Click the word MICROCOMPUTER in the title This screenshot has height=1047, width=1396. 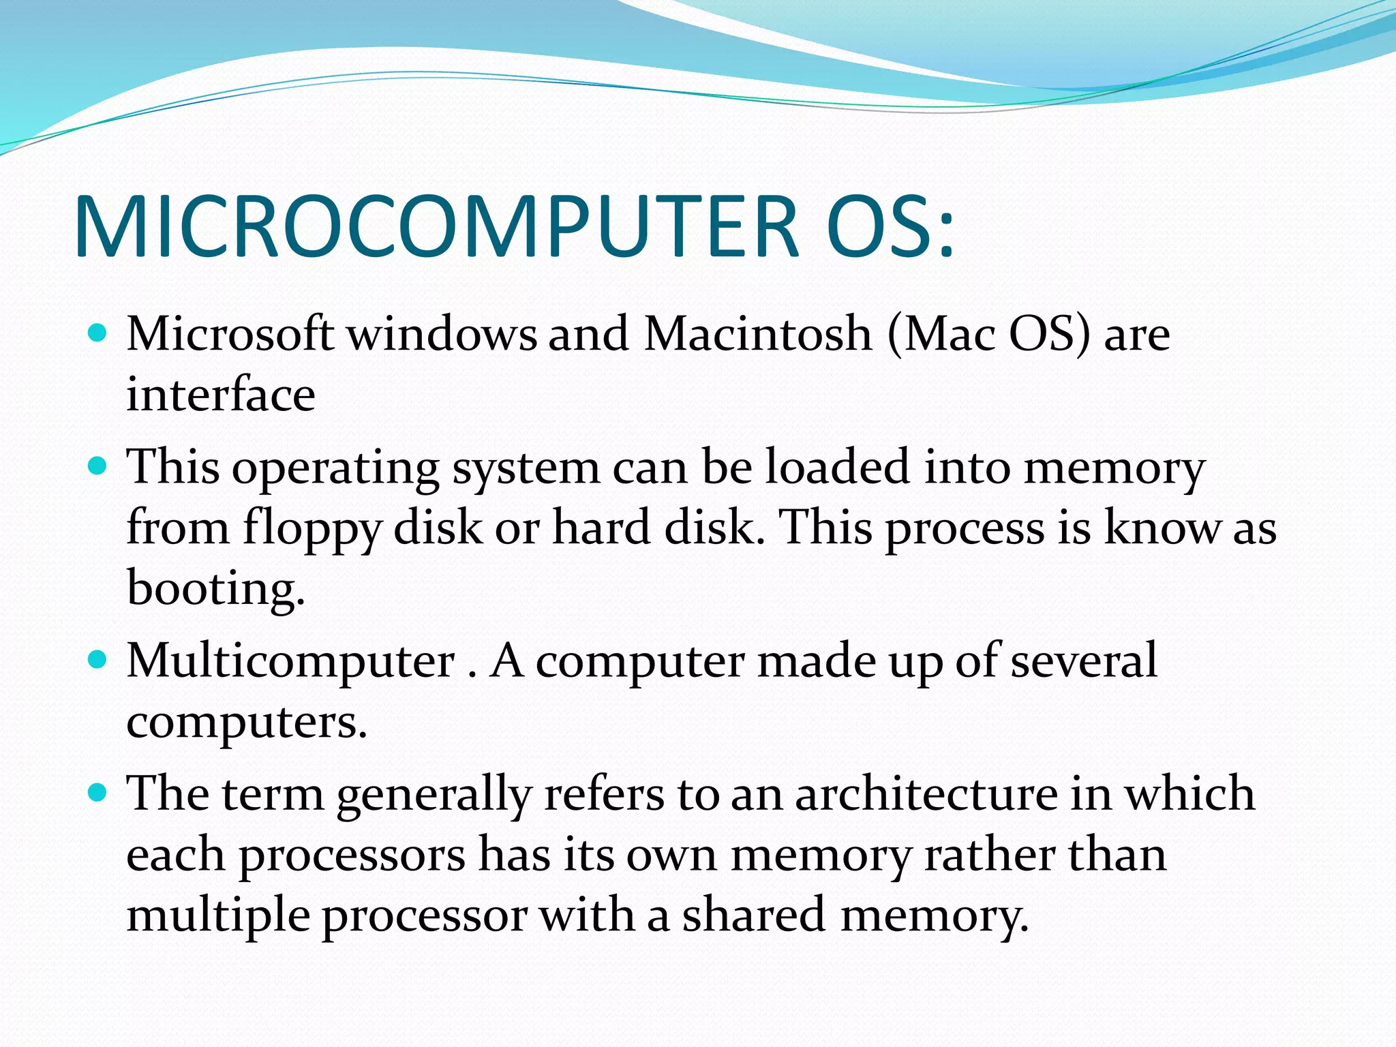click(436, 227)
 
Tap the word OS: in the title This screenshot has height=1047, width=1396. click(890, 227)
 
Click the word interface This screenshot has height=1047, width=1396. click(221, 395)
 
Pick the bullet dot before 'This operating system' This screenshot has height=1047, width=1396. click(98, 466)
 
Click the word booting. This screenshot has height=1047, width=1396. click(215, 588)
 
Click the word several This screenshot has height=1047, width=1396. click(1083, 661)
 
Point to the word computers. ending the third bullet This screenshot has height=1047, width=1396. click(247, 723)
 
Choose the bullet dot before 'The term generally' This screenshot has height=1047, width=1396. click(98, 792)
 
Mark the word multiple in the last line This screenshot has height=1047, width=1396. click(218, 916)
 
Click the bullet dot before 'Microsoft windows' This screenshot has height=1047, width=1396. click(98, 333)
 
